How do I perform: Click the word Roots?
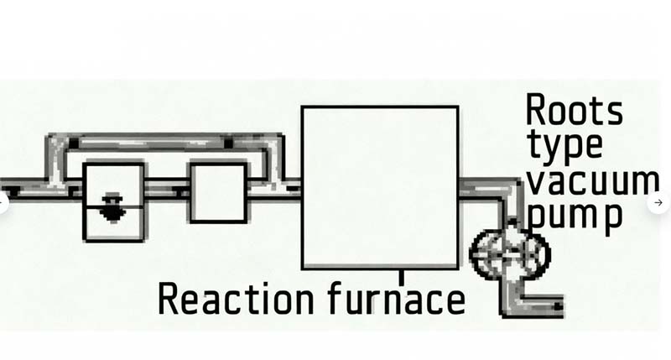click(574, 110)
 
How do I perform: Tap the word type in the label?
click(565, 146)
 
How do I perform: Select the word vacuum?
click(593, 181)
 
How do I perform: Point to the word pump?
click(575, 217)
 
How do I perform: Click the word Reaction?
click(236, 299)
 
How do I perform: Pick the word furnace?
click(396, 299)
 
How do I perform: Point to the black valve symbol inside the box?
click(112, 207)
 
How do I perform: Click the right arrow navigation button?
click(658, 202)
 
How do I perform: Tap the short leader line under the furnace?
click(401, 277)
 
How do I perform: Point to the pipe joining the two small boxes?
click(167, 189)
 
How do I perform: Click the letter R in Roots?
click(535, 110)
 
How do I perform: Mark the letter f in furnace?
click(336, 298)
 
